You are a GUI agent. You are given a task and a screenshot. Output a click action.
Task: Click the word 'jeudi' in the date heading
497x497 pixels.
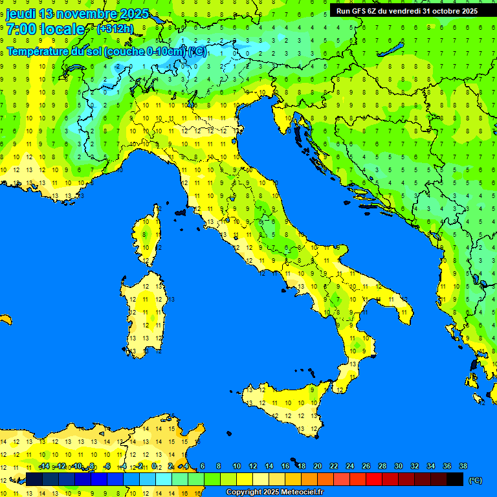21,14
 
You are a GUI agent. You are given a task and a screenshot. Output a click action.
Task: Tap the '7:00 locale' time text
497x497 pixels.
45,29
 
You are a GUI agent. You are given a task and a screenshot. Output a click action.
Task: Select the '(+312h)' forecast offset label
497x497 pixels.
115,29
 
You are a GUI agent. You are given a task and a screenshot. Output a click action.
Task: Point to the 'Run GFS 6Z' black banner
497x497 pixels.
407,11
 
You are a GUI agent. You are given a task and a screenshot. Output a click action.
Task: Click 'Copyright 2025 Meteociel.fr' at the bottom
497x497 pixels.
274,492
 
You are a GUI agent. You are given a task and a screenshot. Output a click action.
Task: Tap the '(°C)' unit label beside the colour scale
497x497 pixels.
476,480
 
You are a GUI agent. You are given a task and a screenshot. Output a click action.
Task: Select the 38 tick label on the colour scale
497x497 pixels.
463,466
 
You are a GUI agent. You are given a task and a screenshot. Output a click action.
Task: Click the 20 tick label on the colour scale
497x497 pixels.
317,466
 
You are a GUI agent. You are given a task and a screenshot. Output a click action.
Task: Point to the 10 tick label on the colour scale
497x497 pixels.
236,466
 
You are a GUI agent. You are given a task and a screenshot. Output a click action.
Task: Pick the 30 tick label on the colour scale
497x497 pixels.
398,466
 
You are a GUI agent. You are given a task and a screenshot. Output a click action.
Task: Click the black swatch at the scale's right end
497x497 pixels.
455,480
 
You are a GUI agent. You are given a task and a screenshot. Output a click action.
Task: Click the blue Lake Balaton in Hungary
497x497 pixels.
390,50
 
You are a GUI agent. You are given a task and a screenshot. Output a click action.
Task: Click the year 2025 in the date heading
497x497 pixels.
134,14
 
